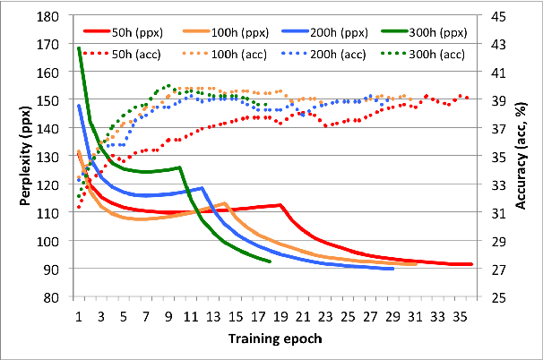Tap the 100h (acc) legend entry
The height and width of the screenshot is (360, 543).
pos(236,55)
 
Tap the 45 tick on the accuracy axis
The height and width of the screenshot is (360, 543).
pos(496,16)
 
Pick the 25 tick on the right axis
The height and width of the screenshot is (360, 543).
pos(496,297)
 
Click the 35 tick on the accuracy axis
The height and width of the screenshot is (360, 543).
pos(496,157)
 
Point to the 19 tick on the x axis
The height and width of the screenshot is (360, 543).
pos(281,316)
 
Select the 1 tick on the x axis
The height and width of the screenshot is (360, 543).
pos(79,316)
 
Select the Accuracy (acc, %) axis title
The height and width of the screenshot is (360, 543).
pos(525,157)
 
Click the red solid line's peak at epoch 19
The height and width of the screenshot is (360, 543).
pos(281,205)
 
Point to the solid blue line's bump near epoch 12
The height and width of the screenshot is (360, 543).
pos(203,188)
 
